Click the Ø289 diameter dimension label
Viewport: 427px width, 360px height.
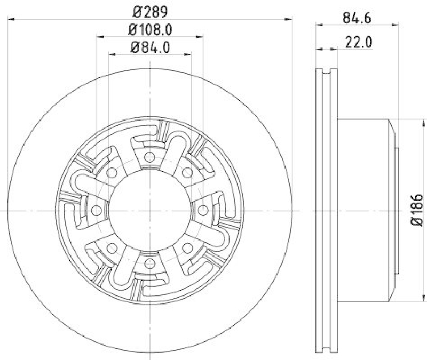point(149,10)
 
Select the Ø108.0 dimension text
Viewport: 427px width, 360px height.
point(149,29)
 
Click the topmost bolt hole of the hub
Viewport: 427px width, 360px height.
point(149,157)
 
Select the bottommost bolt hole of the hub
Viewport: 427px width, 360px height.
point(149,263)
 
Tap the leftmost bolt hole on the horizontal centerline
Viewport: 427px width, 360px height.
point(97,210)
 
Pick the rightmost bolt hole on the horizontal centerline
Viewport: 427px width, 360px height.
point(203,210)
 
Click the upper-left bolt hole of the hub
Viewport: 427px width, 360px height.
point(112,173)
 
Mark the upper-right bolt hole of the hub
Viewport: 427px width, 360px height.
point(187,173)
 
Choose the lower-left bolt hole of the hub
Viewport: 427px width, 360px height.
point(112,248)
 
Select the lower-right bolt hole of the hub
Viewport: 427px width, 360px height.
point(187,248)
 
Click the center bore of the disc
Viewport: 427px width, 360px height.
point(149,210)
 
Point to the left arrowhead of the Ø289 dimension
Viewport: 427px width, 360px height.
point(11,19)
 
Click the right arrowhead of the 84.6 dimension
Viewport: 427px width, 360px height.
point(396,25)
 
